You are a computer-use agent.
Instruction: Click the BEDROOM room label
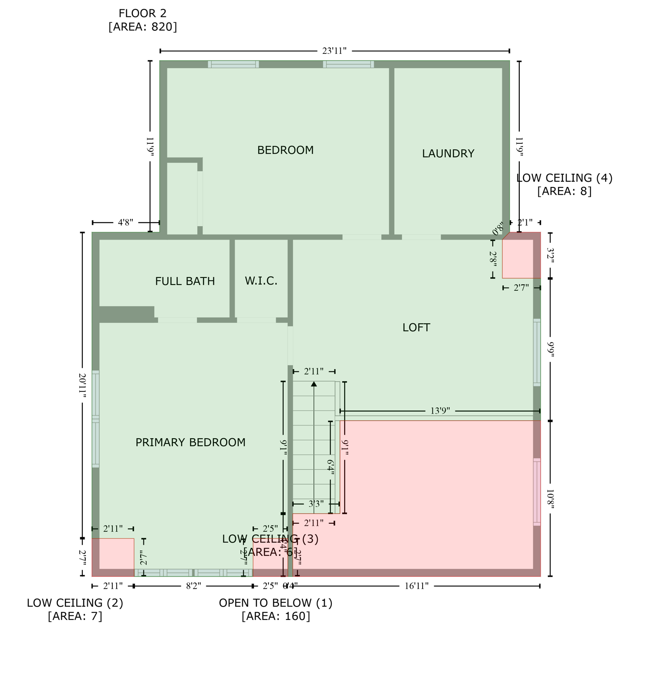[285, 150]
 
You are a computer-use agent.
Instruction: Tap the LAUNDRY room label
[448, 154]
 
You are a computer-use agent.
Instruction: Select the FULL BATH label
[185, 281]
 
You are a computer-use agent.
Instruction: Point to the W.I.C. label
[261, 281]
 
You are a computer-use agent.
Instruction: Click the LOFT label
[416, 328]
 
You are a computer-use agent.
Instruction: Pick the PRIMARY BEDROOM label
[190, 443]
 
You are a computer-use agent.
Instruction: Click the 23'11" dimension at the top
[334, 51]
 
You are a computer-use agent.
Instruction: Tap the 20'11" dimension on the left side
[82, 383]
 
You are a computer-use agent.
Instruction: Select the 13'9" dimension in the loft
[440, 411]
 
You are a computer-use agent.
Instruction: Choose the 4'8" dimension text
[126, 223]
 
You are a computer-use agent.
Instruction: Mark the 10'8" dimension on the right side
[550, 499]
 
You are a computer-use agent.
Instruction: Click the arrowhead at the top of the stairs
[314, 384]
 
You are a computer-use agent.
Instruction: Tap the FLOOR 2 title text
[143, 14]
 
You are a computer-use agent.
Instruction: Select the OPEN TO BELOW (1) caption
[276, 603]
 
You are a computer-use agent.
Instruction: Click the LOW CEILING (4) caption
[564, 178]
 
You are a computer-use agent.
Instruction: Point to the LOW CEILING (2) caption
[75, 603]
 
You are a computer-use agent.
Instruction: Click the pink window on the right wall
[537, 492]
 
